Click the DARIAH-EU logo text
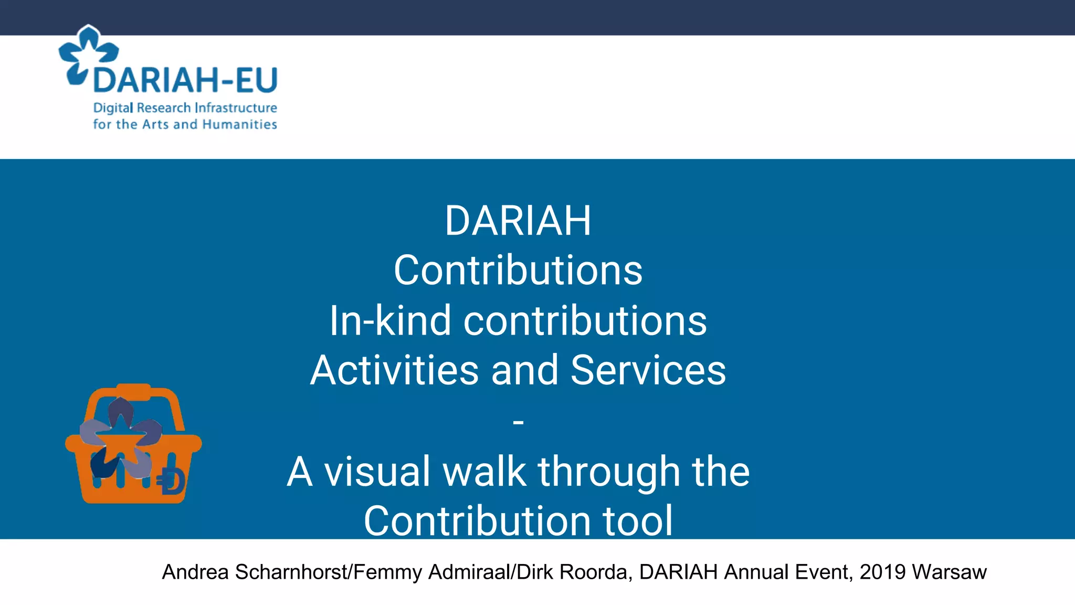pos(185,80)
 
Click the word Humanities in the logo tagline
pos(239,124)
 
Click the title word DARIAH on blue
pos(518,221)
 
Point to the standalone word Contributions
pos(518,270)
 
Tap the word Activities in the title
pos(394,370)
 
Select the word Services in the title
pos(648,370)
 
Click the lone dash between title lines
pos(518,421)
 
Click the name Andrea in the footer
pos(195,572)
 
